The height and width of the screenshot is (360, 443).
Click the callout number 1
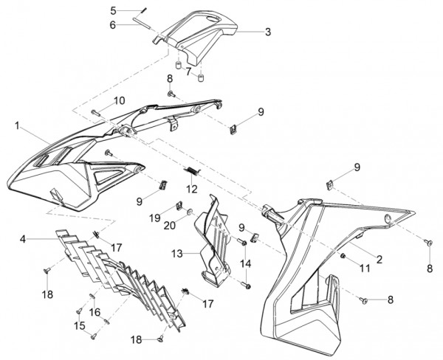16,127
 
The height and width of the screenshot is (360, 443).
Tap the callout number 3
267,32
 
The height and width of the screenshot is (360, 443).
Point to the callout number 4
24,239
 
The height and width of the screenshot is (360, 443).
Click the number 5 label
113,10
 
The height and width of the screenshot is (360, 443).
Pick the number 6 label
113,24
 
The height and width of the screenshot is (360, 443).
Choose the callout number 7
188,72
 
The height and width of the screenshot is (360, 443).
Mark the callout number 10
119,100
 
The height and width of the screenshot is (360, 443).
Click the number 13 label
176,253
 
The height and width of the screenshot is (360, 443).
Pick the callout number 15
80,325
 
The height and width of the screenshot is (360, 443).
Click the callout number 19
155,218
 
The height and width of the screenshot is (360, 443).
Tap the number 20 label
168,226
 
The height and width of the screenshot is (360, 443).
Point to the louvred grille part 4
111,273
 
